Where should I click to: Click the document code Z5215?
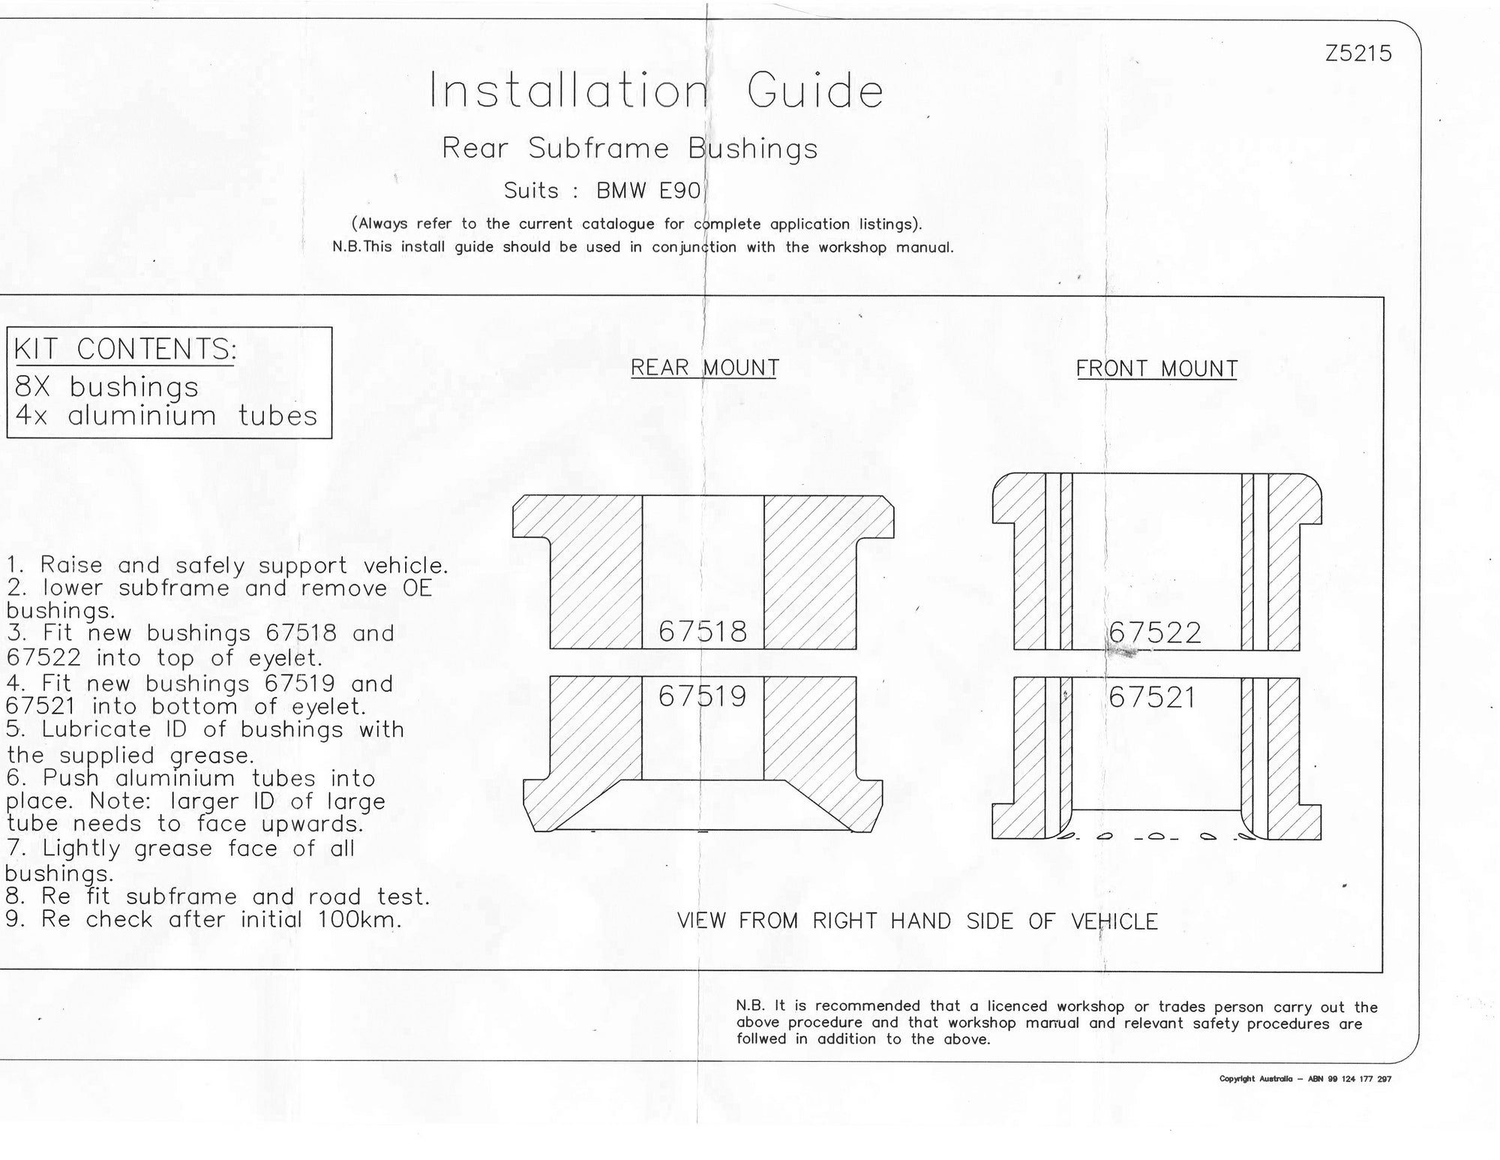(x=1358, y=54)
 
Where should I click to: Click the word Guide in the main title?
(x=815, y=91)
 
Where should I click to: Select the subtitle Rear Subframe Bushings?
(x=630, y=149)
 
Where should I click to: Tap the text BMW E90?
(x=649, y=191)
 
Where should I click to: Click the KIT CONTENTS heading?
(x=125, y=350)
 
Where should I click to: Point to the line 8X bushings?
(x=106, y=387)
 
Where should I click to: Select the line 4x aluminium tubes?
(x=166, y=415)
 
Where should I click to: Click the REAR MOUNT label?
(x=705, y=368)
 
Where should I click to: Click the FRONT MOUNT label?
(x=1156, y=368)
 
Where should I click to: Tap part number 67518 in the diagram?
(x=703, y=632)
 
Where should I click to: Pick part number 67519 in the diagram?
(x=703, y=696)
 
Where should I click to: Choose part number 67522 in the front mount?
(x=1155, y=633)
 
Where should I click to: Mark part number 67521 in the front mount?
(x=1152, y=698)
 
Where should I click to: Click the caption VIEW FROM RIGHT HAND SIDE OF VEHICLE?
(x=918, y=921)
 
